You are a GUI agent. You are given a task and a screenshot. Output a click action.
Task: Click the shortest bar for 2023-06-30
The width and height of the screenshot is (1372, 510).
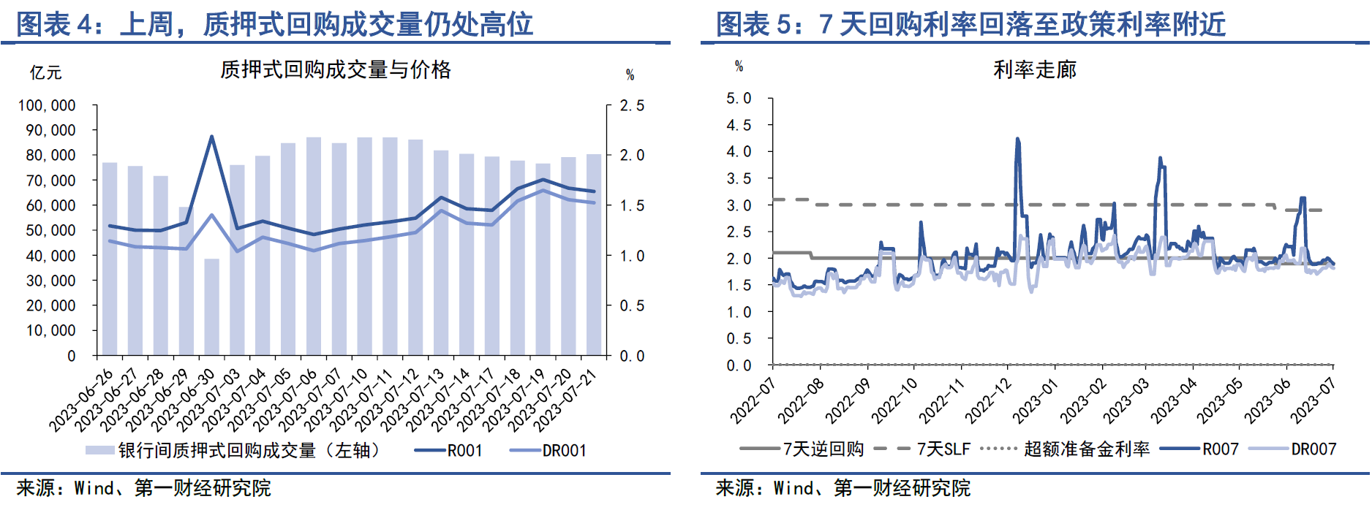(x=211, y=307)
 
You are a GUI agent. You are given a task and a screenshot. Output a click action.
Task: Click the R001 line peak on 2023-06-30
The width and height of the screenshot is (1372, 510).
(x=211, y=137)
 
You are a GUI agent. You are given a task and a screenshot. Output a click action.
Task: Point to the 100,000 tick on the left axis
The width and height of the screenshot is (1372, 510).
(x=47, y=106)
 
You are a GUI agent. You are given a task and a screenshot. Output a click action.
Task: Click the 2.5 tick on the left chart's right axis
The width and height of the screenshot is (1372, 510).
(x=632, y=106)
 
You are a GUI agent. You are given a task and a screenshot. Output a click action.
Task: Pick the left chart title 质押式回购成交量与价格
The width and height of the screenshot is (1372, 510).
(x=336, y=70)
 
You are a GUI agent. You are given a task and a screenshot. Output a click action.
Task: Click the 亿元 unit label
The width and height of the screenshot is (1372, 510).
(x=45, y=72)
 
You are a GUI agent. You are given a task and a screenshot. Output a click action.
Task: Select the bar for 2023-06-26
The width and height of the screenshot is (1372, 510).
(x=110, y=259)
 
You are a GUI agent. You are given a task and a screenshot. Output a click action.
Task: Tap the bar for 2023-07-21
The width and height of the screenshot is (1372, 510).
(x=594, y=256)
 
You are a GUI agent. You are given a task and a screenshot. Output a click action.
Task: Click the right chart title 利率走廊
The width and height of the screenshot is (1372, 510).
(x=1035, y=70)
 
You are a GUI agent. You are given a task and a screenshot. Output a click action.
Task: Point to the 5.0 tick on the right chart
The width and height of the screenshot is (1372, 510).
(x=739, y=99)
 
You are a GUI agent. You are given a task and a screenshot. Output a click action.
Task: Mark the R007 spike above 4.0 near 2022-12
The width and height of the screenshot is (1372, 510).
(x=1017, y=140)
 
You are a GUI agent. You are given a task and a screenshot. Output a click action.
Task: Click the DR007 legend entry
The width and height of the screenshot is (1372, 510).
(x=1313, y=449)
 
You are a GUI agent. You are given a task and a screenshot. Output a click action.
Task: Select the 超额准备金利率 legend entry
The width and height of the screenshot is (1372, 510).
(x=1086, y=449)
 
